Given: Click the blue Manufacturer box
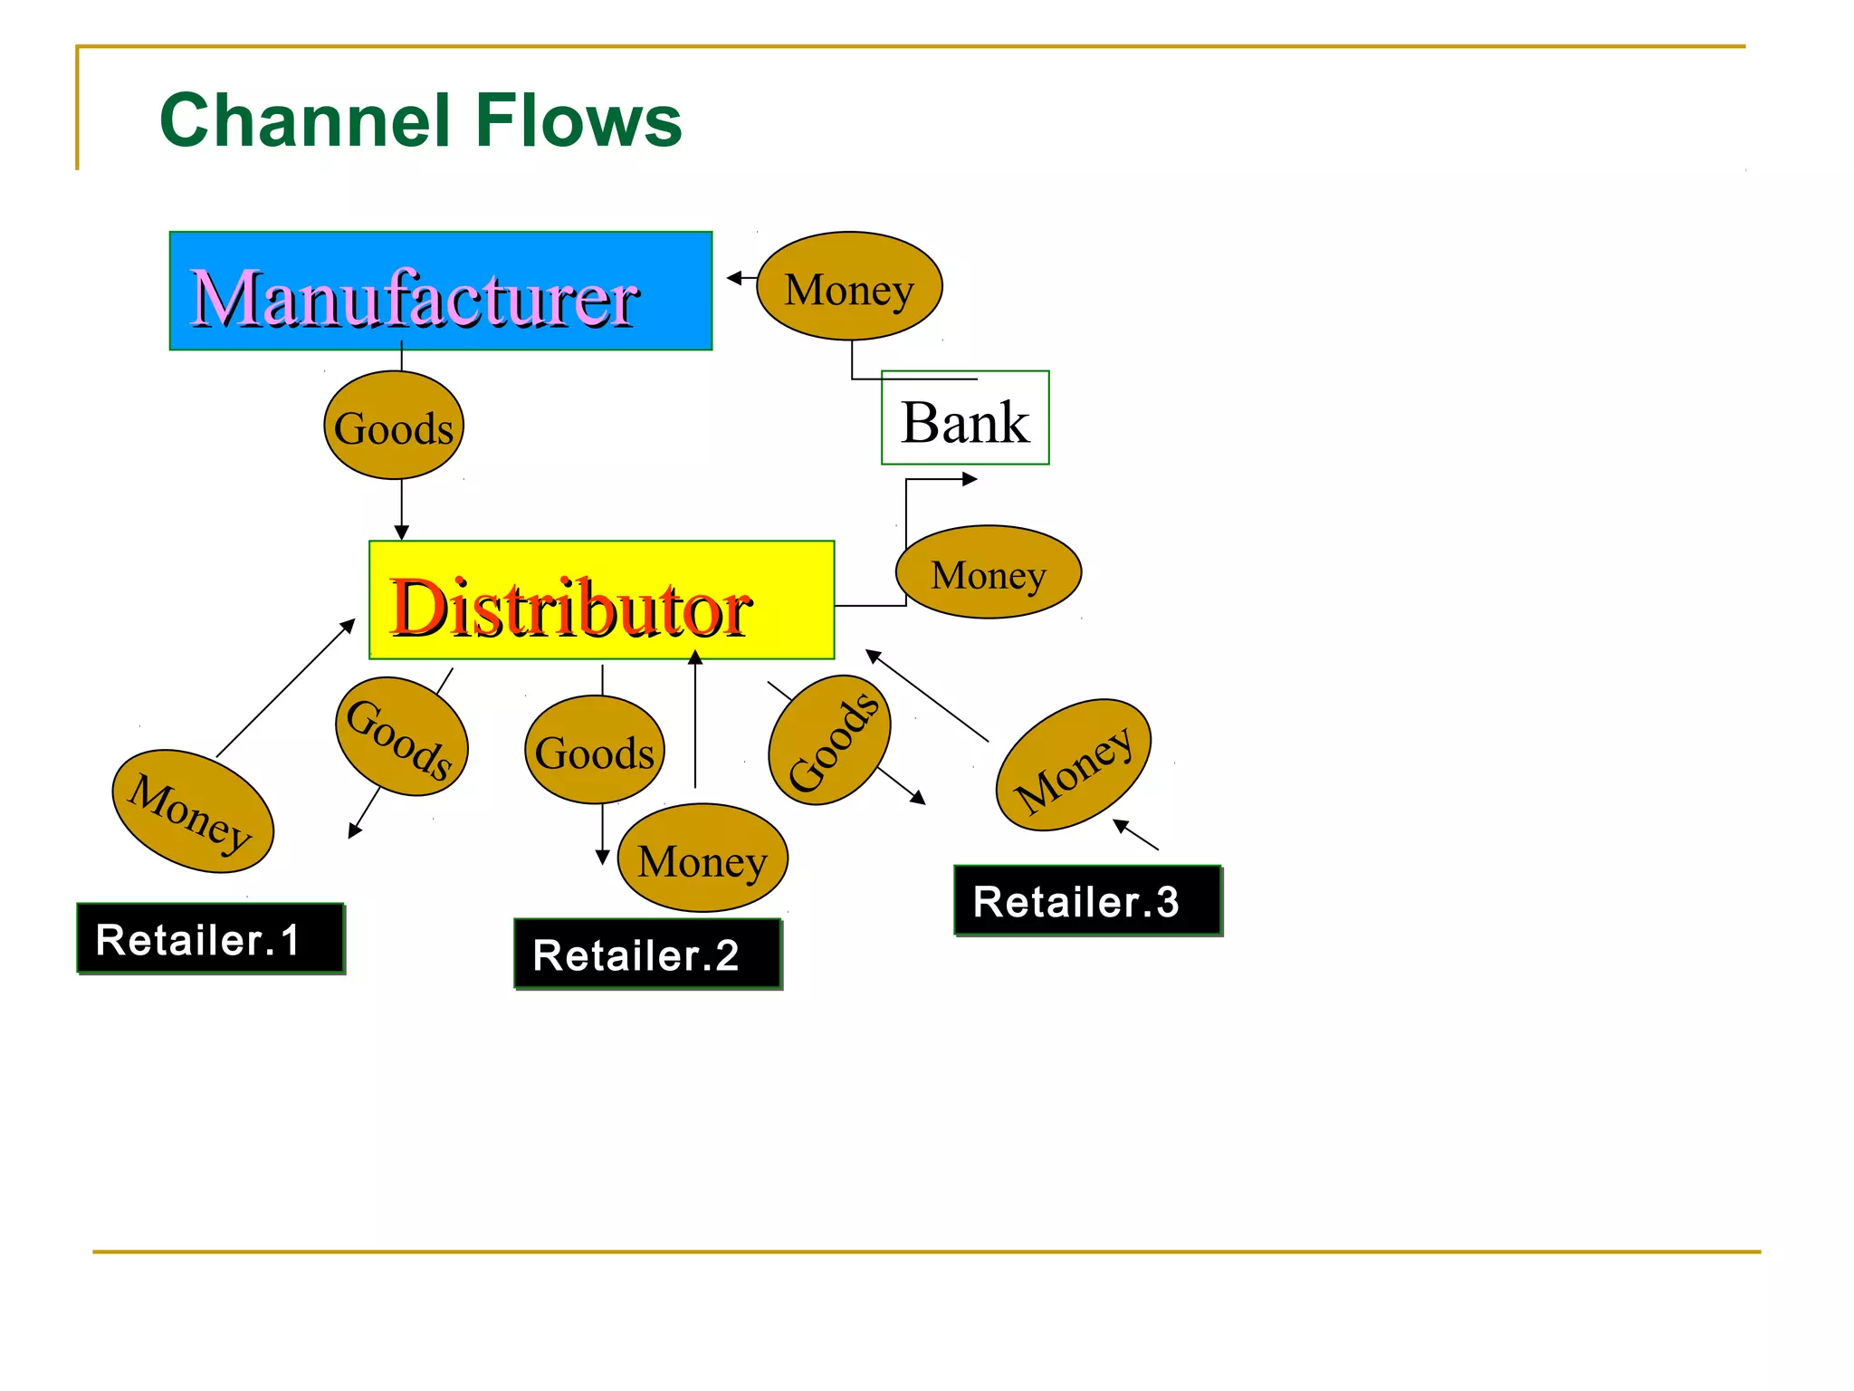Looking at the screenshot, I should click(x=441, y=291).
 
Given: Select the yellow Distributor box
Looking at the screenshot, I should click(x=601, y=600).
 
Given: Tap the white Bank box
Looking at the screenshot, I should click(x=965, y=418).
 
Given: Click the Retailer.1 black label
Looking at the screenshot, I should click(x=210, y=938).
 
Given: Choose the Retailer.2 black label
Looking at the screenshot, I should click(x=647, y=954).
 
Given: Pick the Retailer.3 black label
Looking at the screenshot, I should click(x=1087, y=900).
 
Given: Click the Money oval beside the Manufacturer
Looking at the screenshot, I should click(x=849, y=287).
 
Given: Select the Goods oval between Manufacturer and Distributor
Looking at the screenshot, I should click(x=394, y=426).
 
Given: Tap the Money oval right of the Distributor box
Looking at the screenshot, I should click(x=989, y=572).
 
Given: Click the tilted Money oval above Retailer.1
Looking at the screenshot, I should click(x=192, y=811).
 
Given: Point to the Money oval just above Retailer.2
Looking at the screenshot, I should click(x=702, y=858).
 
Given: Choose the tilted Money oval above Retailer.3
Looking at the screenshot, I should click(x=1073, y=765).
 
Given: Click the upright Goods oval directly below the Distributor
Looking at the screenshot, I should click(x=595, y=750).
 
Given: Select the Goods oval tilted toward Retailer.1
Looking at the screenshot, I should click(x=401, y=737).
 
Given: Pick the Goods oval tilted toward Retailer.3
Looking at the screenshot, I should click(x=829, y=740).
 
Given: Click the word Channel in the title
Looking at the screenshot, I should click(x=305, y=120).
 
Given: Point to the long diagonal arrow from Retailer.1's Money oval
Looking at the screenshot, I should click(x=285, y=688).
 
